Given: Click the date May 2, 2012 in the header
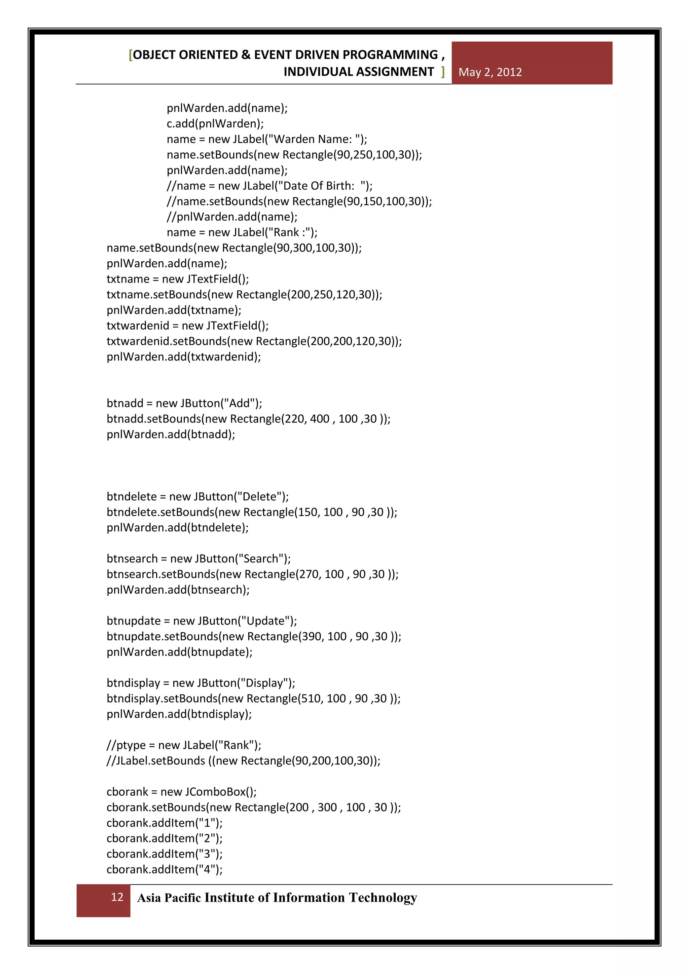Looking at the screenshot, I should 490,72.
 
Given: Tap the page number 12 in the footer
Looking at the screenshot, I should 117,897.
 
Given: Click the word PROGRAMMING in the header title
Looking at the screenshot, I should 390,55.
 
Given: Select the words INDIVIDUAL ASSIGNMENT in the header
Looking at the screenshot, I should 359,72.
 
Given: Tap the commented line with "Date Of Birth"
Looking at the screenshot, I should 269,186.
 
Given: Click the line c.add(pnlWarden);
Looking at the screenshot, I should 215,123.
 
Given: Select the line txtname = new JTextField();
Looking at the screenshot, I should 178,279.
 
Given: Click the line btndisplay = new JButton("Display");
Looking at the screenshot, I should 201,683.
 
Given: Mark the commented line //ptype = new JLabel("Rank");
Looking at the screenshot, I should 184,745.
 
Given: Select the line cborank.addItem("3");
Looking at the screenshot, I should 164,854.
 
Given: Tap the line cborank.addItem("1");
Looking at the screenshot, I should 164,823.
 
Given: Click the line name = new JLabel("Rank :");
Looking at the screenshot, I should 242,232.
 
